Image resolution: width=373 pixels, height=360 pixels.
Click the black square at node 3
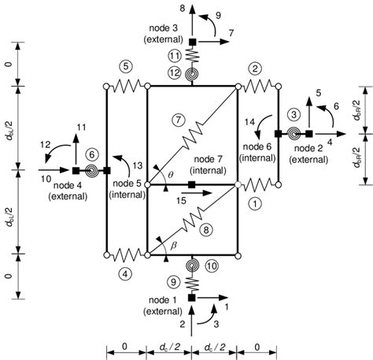pos(192,41)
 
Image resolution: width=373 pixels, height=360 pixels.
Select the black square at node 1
pos(192,298)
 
